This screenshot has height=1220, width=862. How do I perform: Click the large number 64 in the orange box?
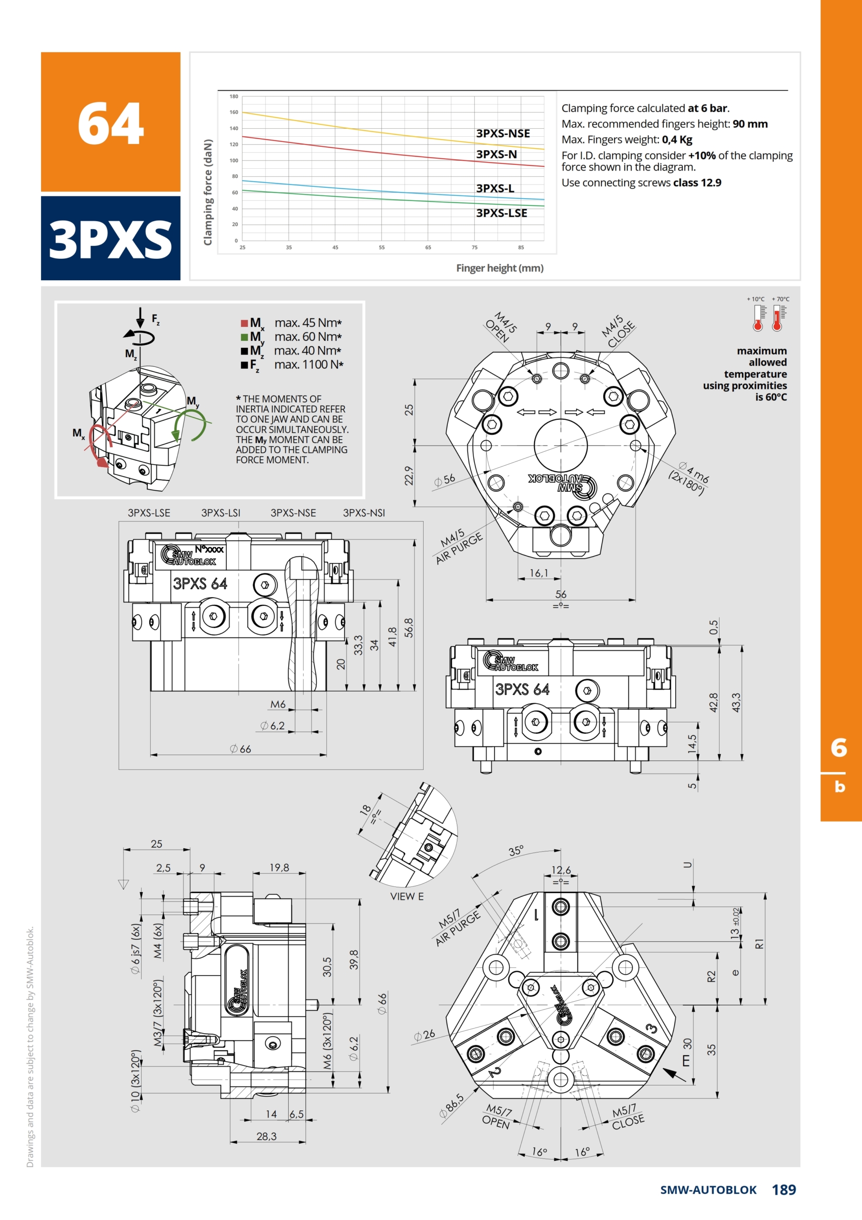(111, 123)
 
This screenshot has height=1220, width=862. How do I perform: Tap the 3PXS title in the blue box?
(111, 240)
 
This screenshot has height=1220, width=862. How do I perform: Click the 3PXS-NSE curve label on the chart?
(503, 133)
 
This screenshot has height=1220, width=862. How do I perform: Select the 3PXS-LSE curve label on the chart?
(502, 213)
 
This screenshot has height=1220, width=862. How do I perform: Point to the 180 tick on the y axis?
(234, 96)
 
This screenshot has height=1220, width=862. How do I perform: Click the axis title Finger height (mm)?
(499, 268)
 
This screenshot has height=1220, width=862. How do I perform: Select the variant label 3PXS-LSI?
(221, 513)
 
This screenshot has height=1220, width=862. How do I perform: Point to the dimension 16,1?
(538, 573)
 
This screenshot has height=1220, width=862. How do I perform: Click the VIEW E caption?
(406, 896)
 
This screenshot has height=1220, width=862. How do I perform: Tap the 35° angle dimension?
(516, 851)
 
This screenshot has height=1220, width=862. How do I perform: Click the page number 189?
(784, 1189)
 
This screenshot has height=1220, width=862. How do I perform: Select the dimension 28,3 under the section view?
(266, 1136)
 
